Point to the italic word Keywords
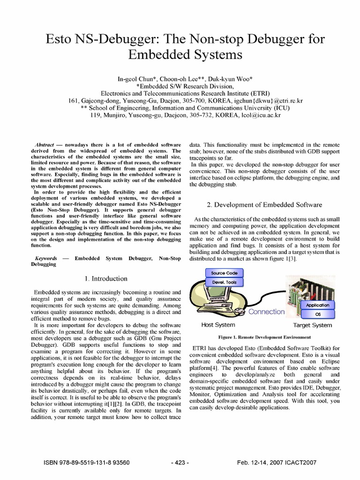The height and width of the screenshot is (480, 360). point(46,258)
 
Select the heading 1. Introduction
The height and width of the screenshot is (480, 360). point(106,278)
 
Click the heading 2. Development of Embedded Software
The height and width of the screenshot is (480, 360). point(265,205)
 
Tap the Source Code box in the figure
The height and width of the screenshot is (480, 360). point(225,273)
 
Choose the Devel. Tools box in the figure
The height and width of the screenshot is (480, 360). point(224,282)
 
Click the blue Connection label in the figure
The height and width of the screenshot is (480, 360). point(266,312)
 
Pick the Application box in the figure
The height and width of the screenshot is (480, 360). point(317,305)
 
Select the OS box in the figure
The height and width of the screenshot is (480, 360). point(317,314)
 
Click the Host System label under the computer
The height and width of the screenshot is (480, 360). point(218,325)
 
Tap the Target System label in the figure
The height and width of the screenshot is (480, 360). point(312,325)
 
